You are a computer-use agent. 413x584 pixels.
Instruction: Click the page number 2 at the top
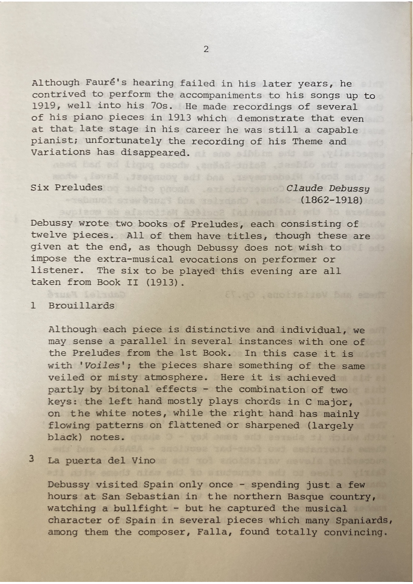[x=206, y=50]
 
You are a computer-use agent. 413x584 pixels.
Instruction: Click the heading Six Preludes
[x=67, y=187]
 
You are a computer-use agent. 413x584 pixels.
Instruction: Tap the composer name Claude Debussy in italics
[x=328, y=188]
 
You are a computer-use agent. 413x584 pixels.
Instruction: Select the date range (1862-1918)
[x=335, y=199]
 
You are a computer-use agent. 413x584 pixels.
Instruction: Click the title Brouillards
[x=82, y=306]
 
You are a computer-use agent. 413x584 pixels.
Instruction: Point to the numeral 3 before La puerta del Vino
[x=33, y=460]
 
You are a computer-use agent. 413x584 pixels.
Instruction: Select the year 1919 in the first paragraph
[x=43, y=107]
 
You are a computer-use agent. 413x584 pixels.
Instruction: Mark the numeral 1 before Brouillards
[x=33, y=306]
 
